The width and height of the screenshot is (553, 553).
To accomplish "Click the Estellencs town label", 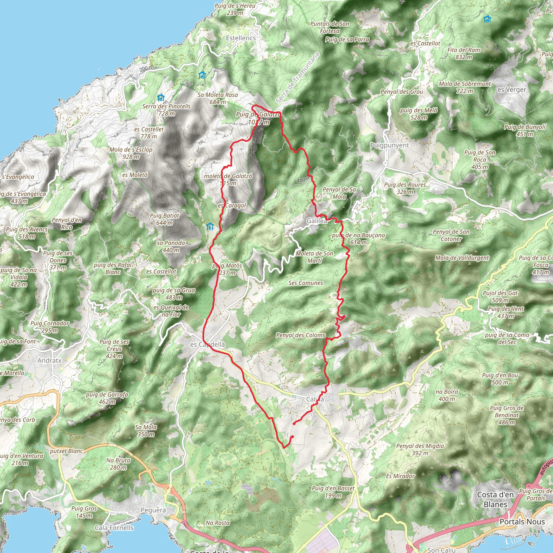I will pos(241,38).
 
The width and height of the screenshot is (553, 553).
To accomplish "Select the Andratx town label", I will pos(49,360).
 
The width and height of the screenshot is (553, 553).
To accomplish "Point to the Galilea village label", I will pos(316,221).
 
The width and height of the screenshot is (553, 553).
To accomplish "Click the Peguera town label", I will pos(153,510).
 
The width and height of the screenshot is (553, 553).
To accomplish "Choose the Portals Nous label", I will pos(522,521).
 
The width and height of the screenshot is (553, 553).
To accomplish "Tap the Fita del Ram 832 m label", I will pos(464,53).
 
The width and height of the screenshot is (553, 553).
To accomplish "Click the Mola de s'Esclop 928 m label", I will pos(131,153).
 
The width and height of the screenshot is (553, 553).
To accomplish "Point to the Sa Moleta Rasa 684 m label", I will pos(218,98).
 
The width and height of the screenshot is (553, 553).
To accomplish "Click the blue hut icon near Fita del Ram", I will pos(487,19).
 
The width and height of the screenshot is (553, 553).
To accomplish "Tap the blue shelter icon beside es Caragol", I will pos(210,227).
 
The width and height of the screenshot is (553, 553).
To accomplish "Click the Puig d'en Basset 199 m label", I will pos(333,492).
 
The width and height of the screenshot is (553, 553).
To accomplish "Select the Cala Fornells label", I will pos(114,528).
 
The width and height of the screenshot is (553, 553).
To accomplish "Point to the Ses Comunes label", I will pos(305,283).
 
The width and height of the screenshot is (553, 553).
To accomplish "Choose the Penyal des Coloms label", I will pos(301,335).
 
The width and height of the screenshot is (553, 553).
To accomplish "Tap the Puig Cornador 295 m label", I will pos(50,327).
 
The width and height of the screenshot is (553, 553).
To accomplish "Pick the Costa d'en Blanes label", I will pos(495,499).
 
